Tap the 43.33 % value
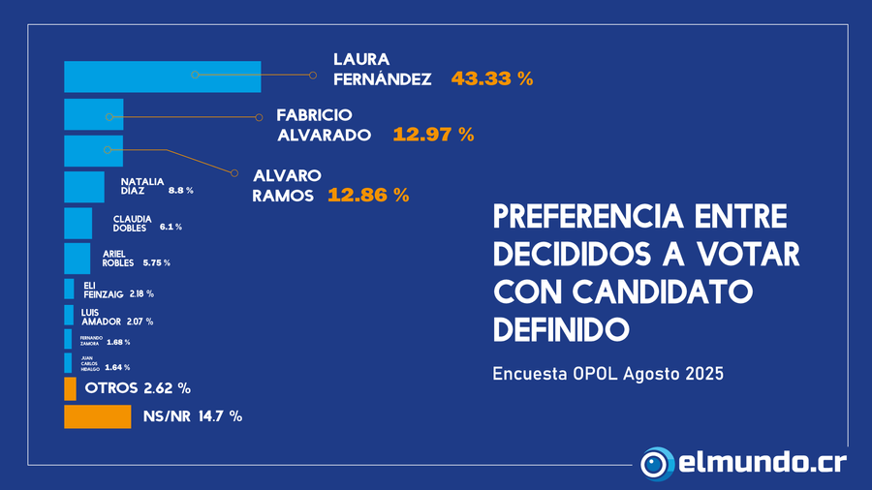point(492,79)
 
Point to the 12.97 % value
point(433,136)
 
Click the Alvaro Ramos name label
point(287,186)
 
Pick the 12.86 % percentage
point(368,196)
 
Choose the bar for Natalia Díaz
point(84,187)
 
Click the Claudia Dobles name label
point(130,223)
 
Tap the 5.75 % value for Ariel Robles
point(156,262)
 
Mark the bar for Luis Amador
point(69,315)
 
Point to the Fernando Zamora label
point(91,340)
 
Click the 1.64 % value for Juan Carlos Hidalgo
point(117,368)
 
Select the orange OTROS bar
point(70,388)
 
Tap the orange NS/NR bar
point(97,416)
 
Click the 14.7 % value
point(220,416)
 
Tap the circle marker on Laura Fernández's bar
point(195,75)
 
